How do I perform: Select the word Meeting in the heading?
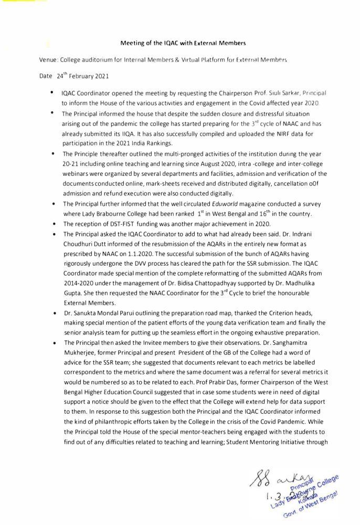coord(132,42)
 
